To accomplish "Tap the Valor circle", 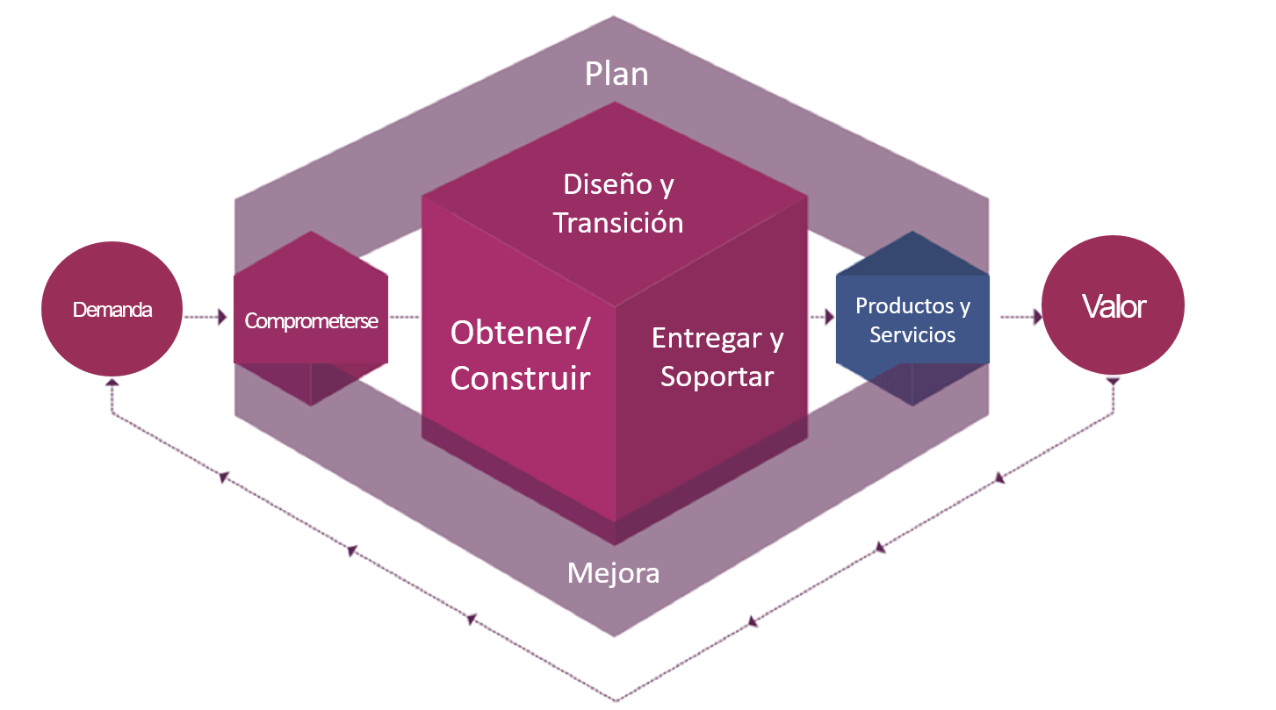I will [1113, 306].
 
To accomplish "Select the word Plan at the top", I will [616, 74].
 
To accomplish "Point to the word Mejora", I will [613, 573].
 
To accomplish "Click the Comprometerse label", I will [311, 321].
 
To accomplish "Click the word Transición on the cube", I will [618, 222].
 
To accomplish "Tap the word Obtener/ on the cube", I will [522, 333].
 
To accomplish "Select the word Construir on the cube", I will [520, 378].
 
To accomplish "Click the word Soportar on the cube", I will [717, 376].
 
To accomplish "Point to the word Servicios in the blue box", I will [912, 334].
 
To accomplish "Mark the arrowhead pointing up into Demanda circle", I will [112, 384].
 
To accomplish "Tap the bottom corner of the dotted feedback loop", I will [616, 700].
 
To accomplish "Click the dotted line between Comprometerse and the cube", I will [405, 317].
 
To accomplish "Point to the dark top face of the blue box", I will [913, 255].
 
